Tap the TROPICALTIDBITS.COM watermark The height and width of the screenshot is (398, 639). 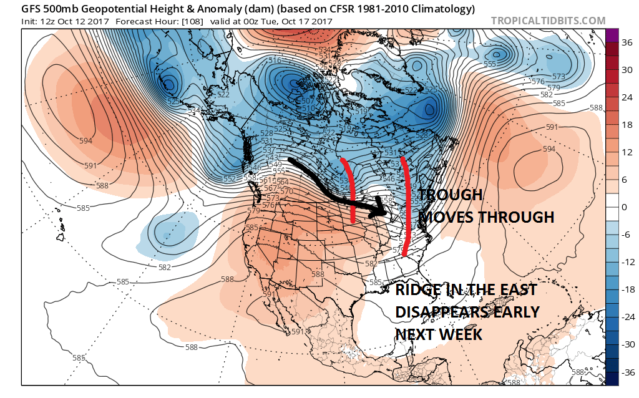pyautogui.click(x=549, y=21)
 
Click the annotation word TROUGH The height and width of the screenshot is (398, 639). pyautogui.click(x=451, y=195)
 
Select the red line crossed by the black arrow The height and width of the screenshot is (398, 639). pyautogui.click(x=350, y=190)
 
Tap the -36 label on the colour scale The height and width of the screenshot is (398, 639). pyautogui.click(x=625, y=372)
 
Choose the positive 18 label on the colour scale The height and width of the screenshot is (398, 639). pyautogui.click(x=626, y=125)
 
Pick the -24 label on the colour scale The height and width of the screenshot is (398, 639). pyautogui.click(x=625, y=317)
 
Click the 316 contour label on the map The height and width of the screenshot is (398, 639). pyautogui.click(x=275, y=60)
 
